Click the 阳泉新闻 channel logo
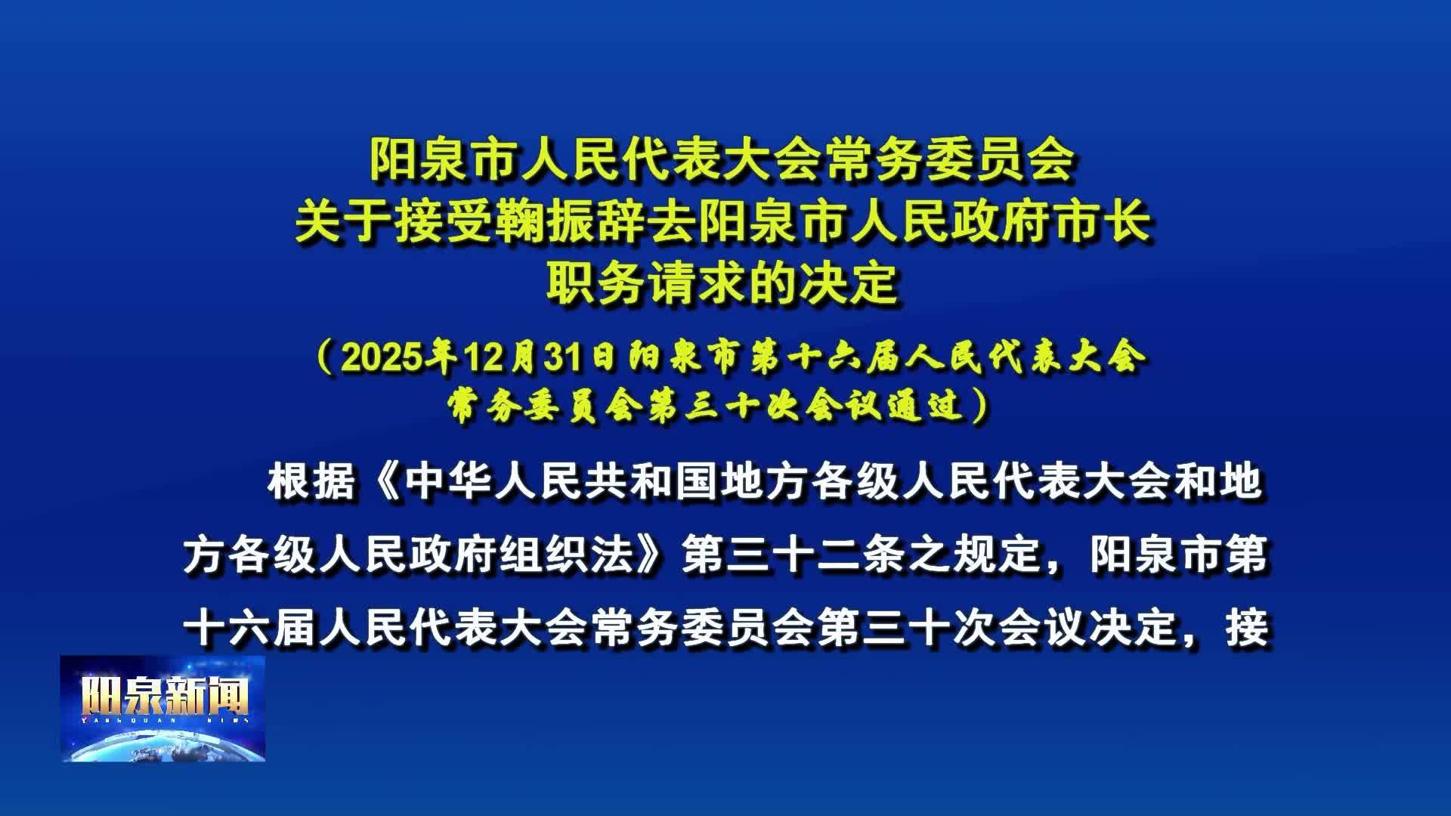click(x=163, y=708)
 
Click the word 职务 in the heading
click(x=596, y=284)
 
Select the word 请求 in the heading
click(x=698, y=284)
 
